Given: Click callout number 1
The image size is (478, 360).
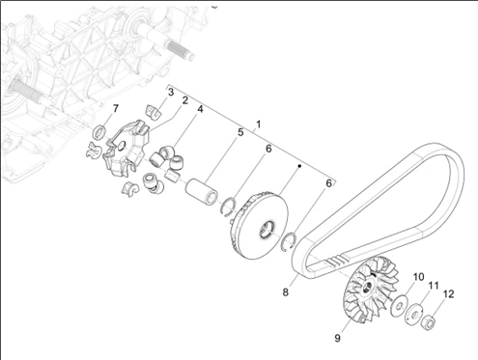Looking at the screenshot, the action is (258, 125).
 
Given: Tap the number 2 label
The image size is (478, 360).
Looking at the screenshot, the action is (184, 100).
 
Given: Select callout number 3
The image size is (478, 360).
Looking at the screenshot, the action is (171, 92).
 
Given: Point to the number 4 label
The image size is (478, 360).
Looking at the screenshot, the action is (200, 109).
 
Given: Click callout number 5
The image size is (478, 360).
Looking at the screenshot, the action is (240, 132).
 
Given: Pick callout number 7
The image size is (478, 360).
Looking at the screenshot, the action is (116, 108).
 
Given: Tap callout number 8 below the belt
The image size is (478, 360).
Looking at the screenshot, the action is (286, 292).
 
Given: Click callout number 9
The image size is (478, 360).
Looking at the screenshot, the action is (337, 338).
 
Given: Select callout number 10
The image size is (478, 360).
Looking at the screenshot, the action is (418, 277).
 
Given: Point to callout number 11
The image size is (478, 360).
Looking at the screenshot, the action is (434, 286).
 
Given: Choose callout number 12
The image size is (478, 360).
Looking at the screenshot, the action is (448, 294).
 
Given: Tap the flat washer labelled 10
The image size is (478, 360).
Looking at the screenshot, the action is (399, 306).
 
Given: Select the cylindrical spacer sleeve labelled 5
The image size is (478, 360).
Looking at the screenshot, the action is (202, 191).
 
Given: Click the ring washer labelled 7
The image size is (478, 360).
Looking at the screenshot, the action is (100, 132).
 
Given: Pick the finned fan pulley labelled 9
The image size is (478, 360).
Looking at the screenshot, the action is (370, 289).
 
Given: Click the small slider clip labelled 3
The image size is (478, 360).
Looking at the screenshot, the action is (154, 112).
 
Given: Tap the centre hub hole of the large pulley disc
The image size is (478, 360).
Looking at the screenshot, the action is (267, 230).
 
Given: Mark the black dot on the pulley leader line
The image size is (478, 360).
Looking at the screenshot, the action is (299, 166).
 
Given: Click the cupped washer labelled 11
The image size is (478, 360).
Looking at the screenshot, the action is (413, 315).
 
